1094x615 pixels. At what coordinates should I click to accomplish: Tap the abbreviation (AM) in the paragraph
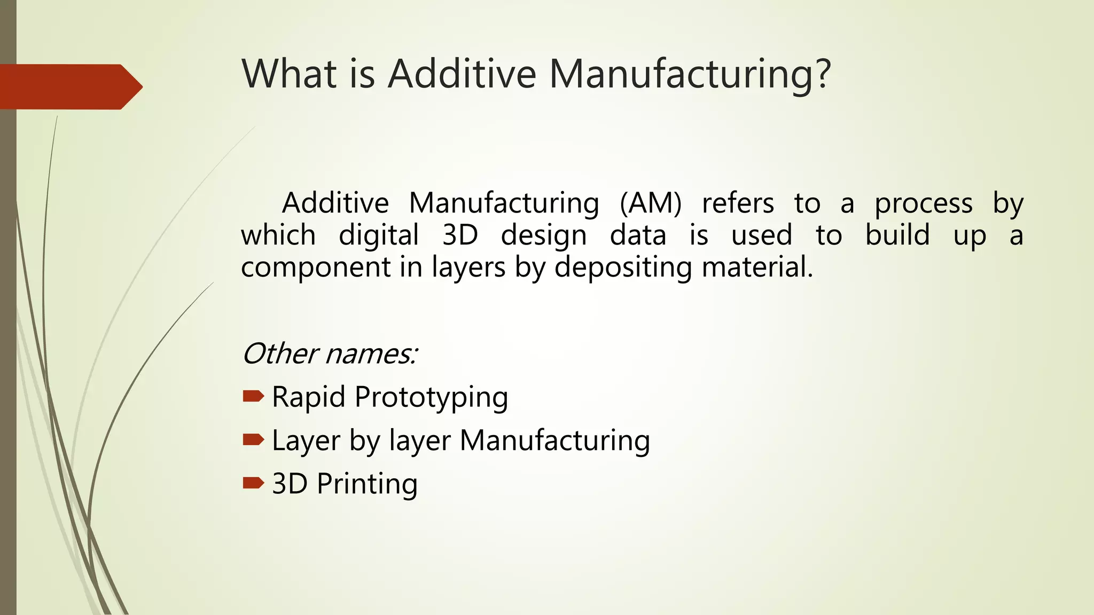[651, 203]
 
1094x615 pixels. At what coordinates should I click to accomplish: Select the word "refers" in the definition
[738, 203]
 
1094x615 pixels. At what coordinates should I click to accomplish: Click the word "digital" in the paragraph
[379, 235]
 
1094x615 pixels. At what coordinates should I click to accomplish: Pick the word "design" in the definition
[544, 235]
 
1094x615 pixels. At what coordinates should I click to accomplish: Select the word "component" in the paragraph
[316, 267]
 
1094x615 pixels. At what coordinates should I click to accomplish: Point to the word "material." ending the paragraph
[757, 266]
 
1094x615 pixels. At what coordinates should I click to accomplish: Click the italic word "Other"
[280, 353]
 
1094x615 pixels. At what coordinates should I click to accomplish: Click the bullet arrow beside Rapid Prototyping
[253, 396]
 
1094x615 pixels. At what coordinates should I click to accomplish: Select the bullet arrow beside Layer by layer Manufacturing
[253, 440]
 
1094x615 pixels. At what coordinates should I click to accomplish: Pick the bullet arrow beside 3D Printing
[253, 483]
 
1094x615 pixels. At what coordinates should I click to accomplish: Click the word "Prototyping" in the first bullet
[431, 398]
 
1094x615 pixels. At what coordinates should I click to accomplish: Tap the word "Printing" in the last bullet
[367, 484]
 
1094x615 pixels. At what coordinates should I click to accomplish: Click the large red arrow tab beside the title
[69, 86]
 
